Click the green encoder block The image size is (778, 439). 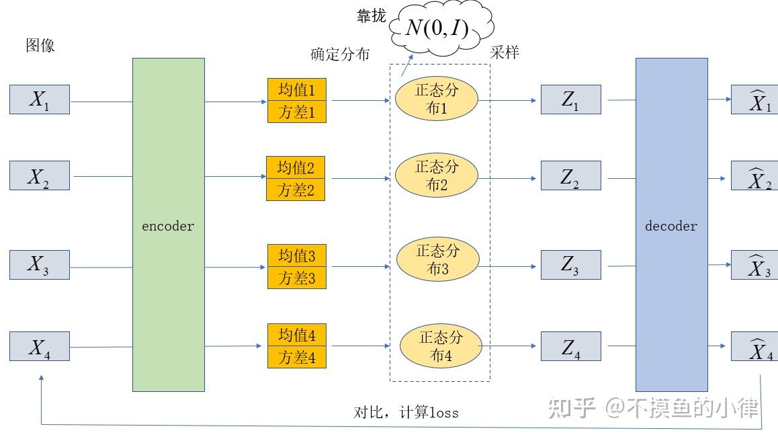(168, 225)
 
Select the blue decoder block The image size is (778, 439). (671, 225)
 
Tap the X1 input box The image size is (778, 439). (40, 99)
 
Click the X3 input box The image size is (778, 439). (40, 265)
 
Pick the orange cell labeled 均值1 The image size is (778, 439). (296, 89)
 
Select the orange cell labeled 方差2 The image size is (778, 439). (296, 190)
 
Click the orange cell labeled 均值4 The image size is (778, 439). (296, 335)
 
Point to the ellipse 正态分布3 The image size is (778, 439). (437, 260)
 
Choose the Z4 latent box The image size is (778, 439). (570, 346)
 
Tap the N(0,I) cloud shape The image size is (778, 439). (437, 28)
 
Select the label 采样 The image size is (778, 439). (504, 52)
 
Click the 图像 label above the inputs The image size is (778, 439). (40, 46)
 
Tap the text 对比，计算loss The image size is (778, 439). (406, 412)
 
